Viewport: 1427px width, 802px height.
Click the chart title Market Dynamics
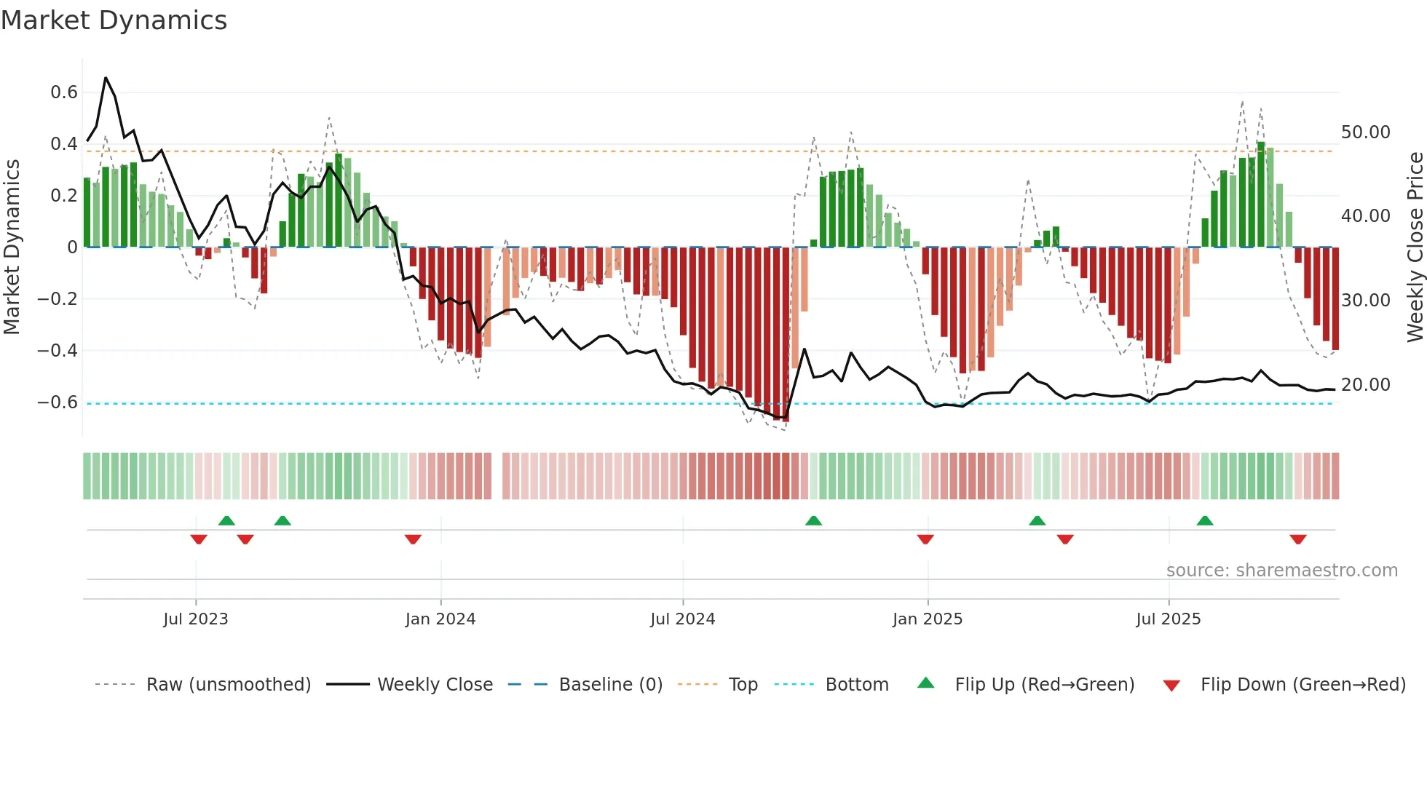(114, 20)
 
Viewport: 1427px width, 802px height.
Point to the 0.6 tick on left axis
(64, 92)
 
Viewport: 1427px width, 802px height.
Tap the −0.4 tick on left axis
(58, 351)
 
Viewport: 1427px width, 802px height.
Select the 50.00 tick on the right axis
(1365, 132)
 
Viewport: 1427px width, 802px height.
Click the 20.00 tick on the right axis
(1365, 385)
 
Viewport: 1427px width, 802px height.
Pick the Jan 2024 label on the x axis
(440, 619)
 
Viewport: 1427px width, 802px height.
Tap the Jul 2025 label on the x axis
(1168, 619)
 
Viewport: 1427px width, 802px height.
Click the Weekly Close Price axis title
(1415, 247)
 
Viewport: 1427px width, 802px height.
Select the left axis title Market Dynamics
(12, 247)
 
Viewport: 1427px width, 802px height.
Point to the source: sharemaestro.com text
(1281, 571)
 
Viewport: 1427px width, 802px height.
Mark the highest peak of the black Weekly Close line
(106, 77)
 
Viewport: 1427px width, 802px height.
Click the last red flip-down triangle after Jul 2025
(1297, 539)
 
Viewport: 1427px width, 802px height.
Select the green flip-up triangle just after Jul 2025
(1205, 520)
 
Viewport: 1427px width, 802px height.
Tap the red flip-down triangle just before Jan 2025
(925, 539)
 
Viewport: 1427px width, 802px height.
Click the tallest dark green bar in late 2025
(1261, 194)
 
